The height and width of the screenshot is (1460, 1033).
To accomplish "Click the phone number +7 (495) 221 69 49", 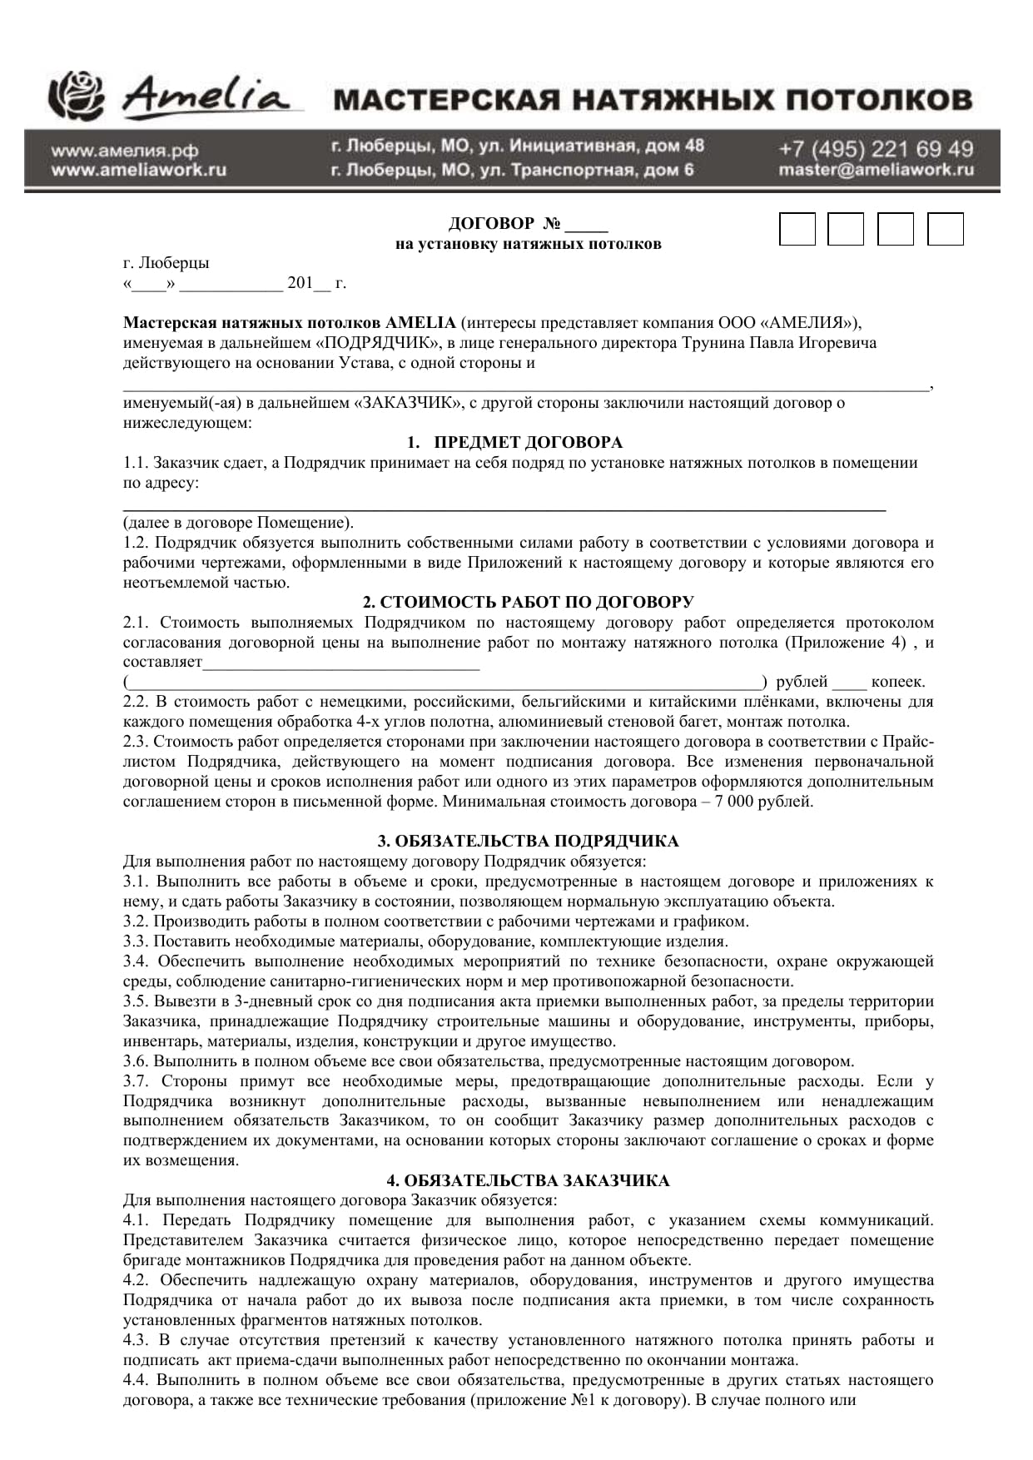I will [876, 149].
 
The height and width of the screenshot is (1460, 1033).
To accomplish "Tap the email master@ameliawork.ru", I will [876, 170].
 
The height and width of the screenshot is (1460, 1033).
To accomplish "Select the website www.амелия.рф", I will [125, 151].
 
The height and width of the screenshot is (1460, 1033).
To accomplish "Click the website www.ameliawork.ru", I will [138, 170].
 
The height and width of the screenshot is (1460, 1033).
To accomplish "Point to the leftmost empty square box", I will [797, 229].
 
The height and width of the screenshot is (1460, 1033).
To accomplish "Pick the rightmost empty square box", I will [945, 229].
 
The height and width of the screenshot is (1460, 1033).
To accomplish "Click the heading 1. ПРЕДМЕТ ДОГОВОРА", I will [514, 442].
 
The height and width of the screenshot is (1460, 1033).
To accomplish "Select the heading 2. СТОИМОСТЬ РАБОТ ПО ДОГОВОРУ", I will [528, 602].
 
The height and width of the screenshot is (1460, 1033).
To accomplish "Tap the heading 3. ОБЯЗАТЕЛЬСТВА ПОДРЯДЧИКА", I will [528, 841].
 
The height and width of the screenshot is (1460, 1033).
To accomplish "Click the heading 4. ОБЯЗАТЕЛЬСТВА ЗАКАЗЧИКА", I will [528, 1180].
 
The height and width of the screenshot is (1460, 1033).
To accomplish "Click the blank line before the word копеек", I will [849, 683].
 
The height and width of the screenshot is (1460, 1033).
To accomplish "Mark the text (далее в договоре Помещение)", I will [238, 523].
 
